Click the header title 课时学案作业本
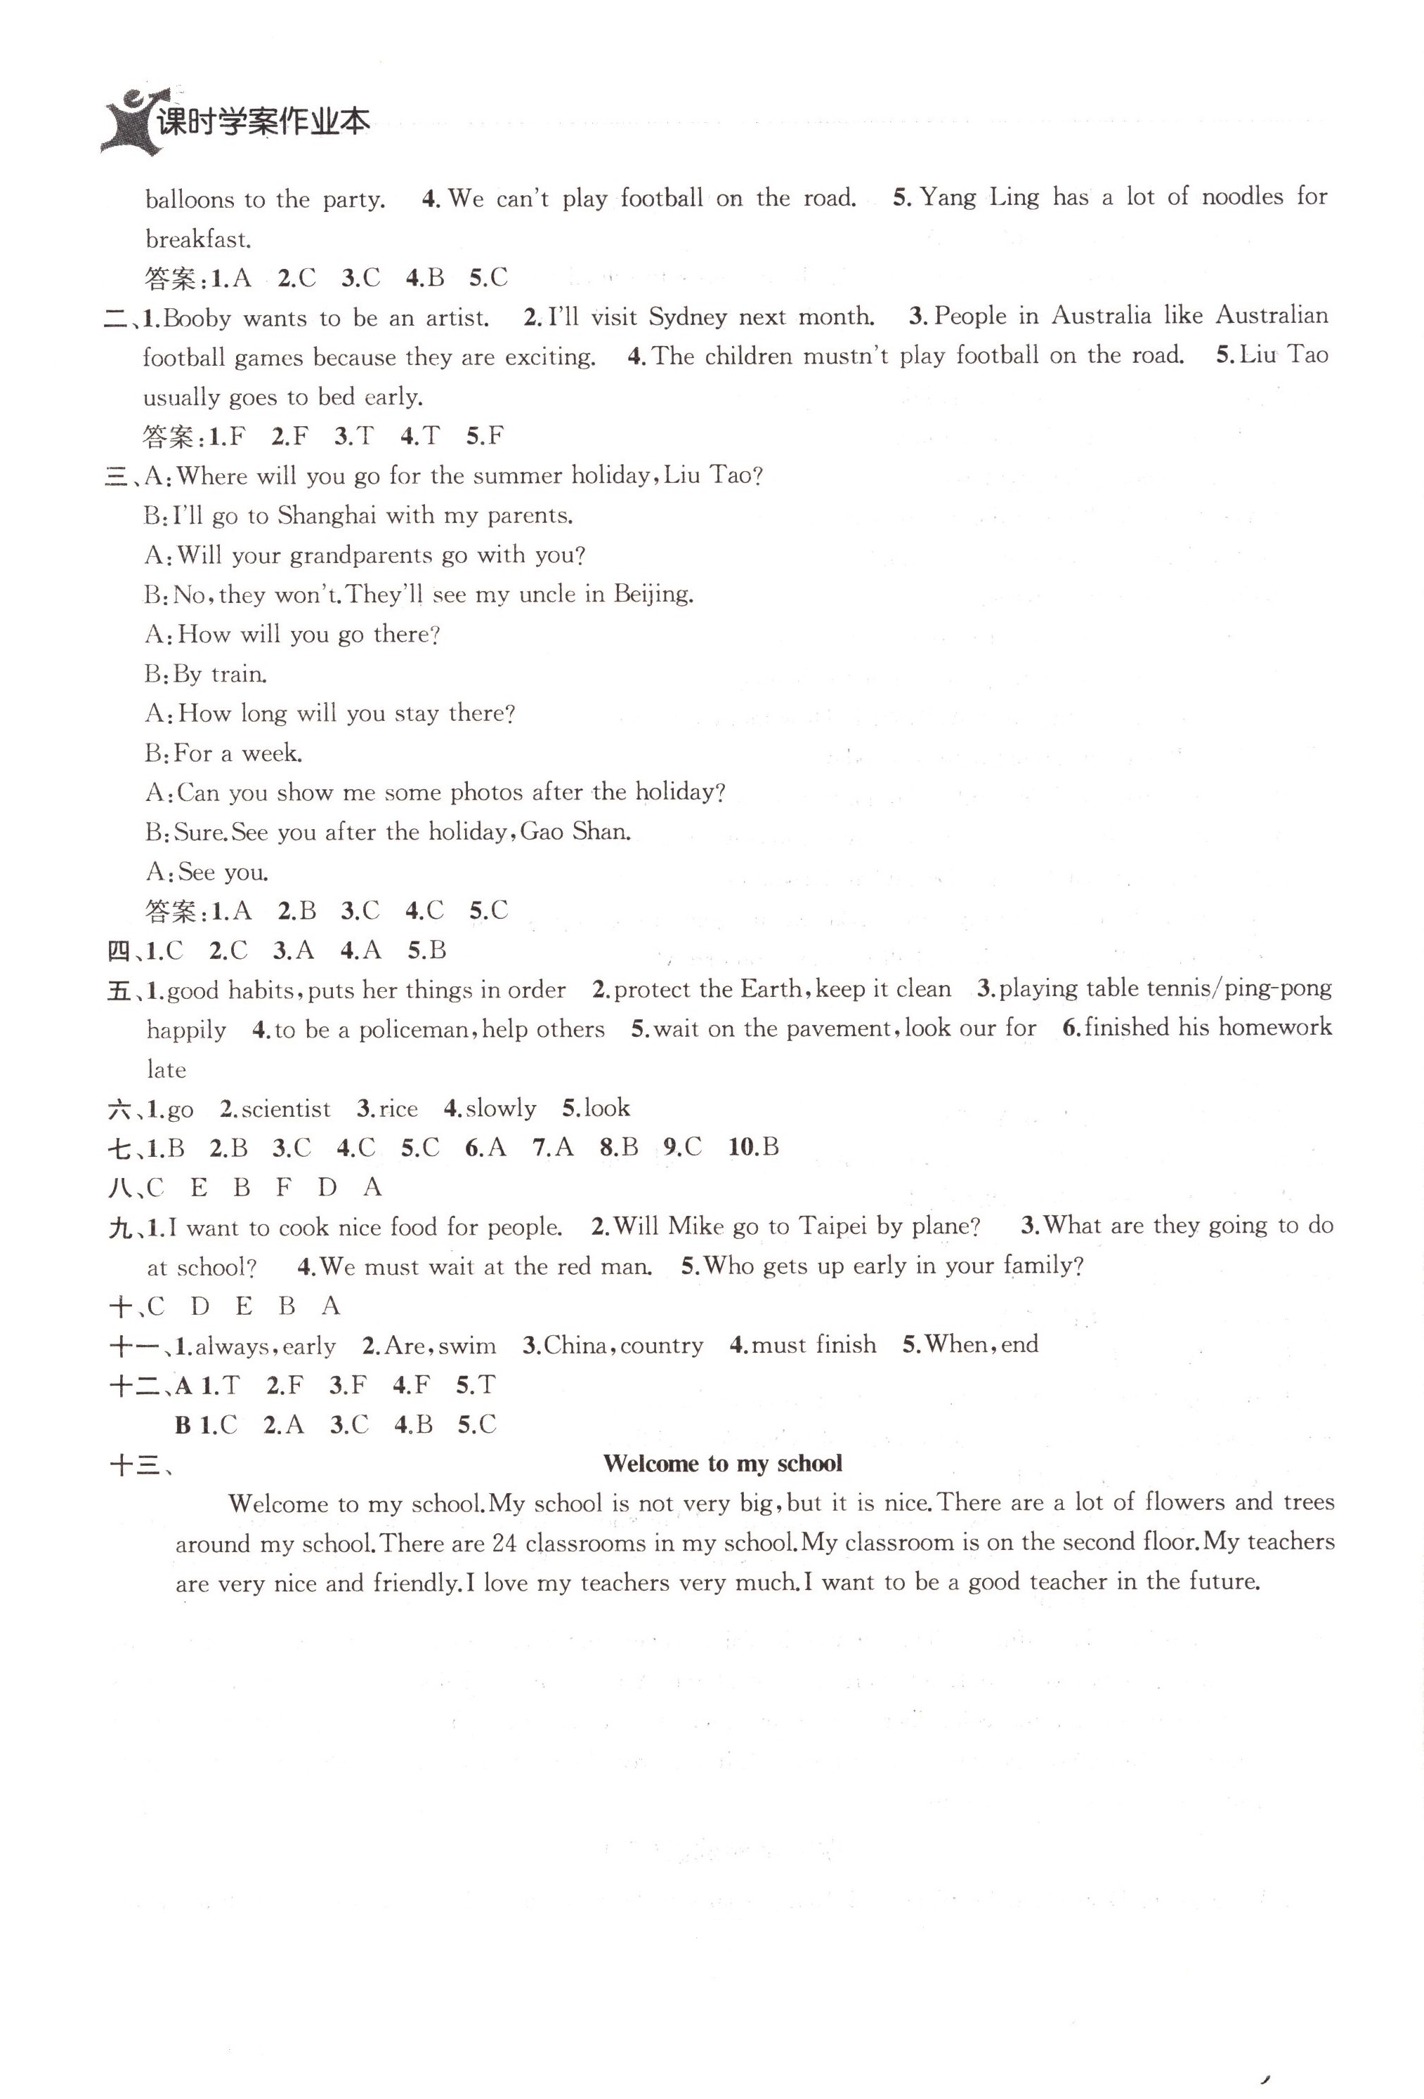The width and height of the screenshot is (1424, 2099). coord(263,122)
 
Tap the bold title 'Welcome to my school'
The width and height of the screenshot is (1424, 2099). coord(722,1463)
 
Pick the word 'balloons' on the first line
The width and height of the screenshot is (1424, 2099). coord(190,199)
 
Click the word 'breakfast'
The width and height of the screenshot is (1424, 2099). coord(197,239)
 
